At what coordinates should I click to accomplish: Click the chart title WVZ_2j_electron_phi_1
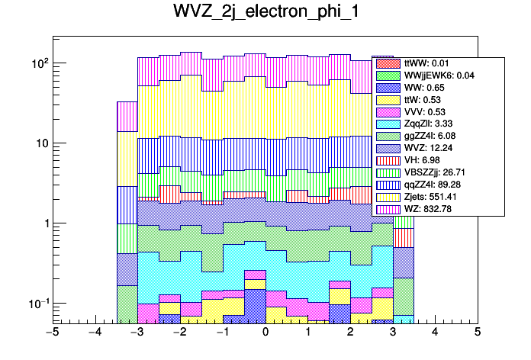point(265,14)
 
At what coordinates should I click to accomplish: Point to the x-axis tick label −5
point(52,333)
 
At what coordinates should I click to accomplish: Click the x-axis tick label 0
point(265,333)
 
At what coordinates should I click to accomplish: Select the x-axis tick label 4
point(435,333)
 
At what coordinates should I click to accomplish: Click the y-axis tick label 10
point(38,143)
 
